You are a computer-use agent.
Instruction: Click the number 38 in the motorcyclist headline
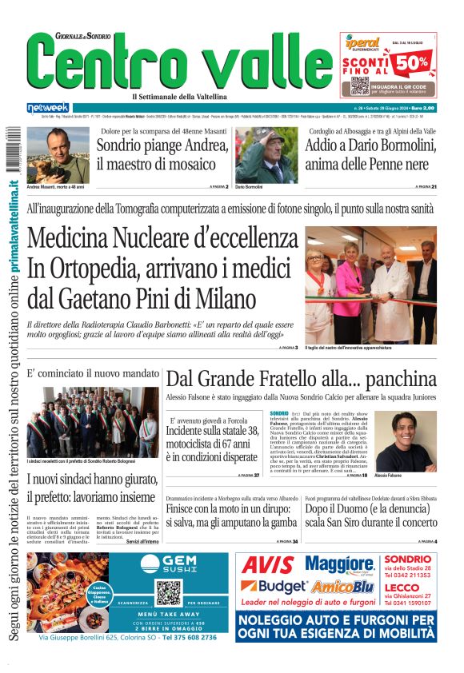pyautogui.click(x=250, y=432)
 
